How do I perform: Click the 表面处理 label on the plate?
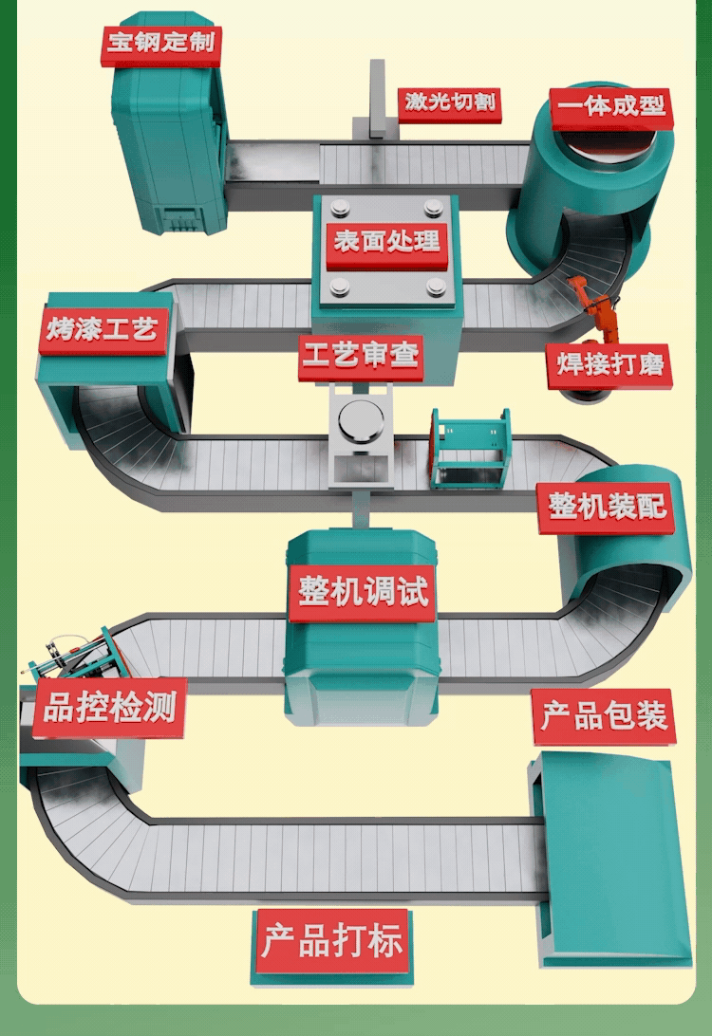(x=385, y=240)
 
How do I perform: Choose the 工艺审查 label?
(x=360, y=357)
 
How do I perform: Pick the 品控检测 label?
(x=109, y=708)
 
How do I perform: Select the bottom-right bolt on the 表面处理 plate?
(x=435, y=285)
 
